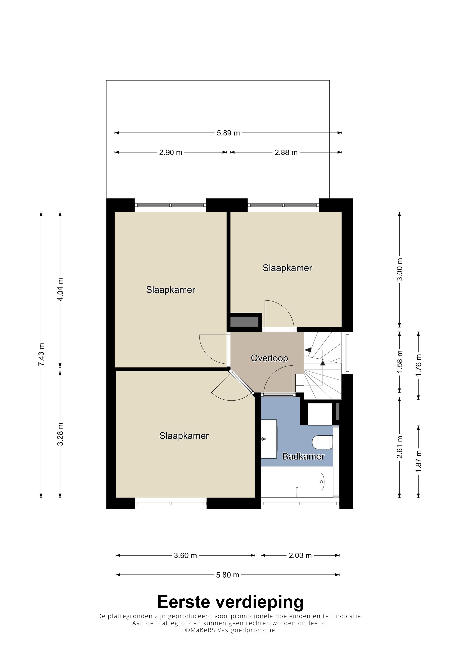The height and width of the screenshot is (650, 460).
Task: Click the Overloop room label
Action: click(269, 358)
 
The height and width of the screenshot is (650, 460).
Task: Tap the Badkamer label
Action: click(303, 456)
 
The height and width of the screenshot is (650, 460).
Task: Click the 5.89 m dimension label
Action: click(228, 133)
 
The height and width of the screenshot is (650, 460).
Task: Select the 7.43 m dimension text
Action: click(41, 354)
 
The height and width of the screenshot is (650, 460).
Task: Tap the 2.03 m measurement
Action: click(300, 555)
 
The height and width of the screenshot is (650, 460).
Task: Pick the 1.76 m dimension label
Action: click(418, 365)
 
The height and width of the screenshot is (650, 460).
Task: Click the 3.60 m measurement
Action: click(185, 555)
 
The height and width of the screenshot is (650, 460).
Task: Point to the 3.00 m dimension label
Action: click(399, 269)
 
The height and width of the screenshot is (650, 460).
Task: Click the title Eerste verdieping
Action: click(230, 602)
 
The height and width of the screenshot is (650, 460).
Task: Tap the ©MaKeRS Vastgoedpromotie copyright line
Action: click(230, 630)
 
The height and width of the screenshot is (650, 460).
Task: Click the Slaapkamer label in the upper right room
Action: click(287, 268)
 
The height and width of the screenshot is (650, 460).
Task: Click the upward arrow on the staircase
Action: click(322, 363)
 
